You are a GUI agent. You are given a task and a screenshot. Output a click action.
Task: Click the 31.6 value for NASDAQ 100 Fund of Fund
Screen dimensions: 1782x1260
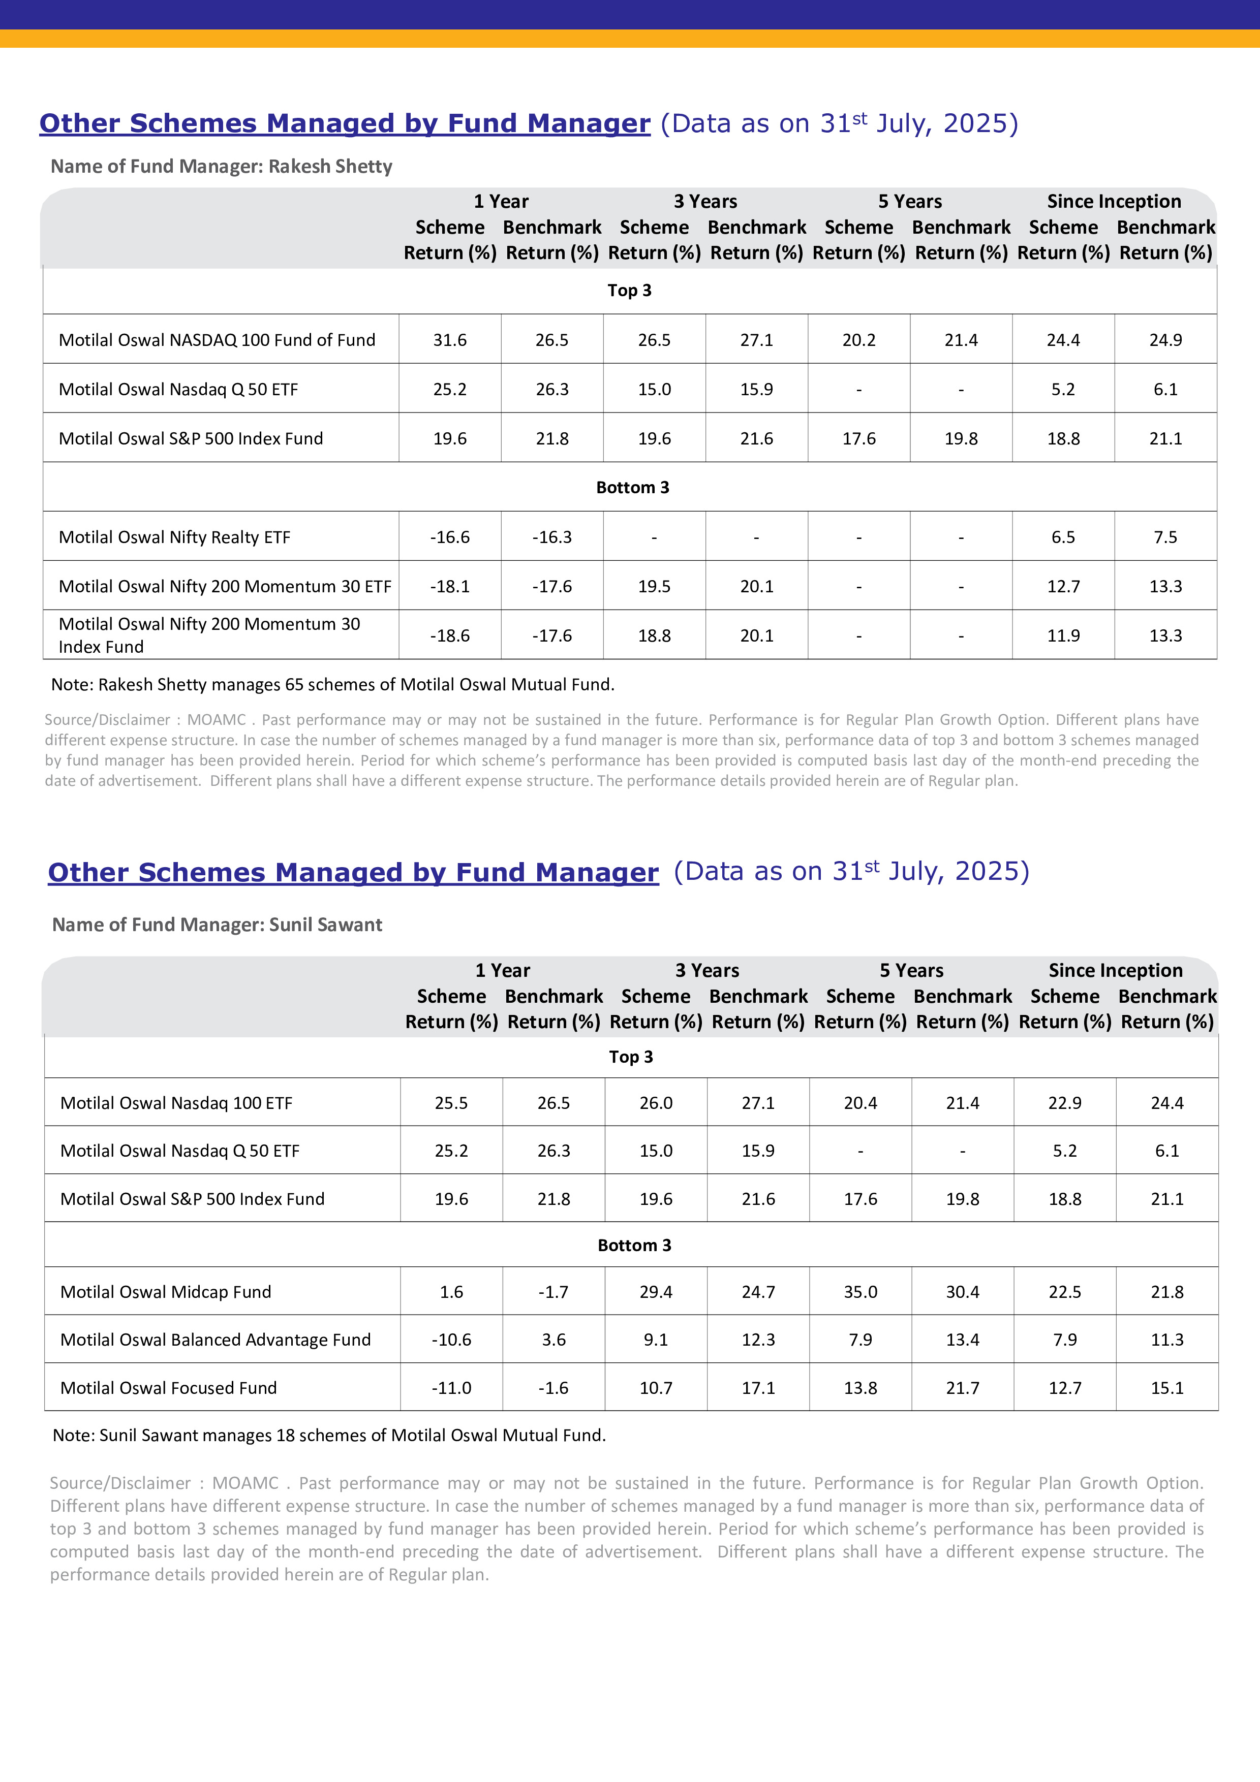[x=449, y=340]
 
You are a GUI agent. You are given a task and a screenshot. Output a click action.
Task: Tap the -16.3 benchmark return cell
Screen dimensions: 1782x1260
[x=552, y=537]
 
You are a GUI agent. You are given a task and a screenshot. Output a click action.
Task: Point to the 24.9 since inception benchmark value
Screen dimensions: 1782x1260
[x=1165, y=340]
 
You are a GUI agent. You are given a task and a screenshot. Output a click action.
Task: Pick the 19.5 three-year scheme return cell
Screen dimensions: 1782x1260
[x=655, y=587]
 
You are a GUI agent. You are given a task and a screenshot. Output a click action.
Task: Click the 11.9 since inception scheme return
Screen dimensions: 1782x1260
[x=1063, y=635]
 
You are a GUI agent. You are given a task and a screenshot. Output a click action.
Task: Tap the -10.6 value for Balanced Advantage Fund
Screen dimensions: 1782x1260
[x=451, y=1340]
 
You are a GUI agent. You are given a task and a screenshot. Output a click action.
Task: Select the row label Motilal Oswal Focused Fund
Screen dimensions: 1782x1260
[x=168, y=1388]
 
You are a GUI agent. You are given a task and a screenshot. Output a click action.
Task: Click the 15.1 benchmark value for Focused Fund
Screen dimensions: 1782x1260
[x=1167, y=1388]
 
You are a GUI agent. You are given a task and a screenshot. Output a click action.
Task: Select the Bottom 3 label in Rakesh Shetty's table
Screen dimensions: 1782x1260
[x=632, y=488]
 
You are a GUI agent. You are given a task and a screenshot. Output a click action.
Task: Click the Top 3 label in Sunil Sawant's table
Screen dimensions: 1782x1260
[x=630, y=1057]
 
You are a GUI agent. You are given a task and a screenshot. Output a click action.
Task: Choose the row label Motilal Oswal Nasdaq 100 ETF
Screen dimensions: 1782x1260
[x=176, y=1103]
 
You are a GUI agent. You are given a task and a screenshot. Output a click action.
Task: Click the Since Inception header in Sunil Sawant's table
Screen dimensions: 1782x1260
[x=1115, y=970]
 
